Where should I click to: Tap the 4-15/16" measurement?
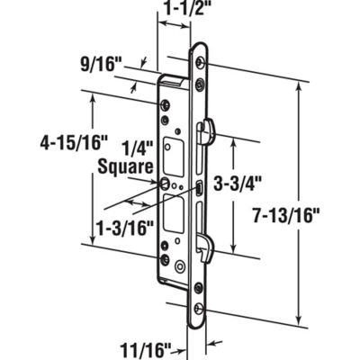pyautogui.click(x=44, y=143)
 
